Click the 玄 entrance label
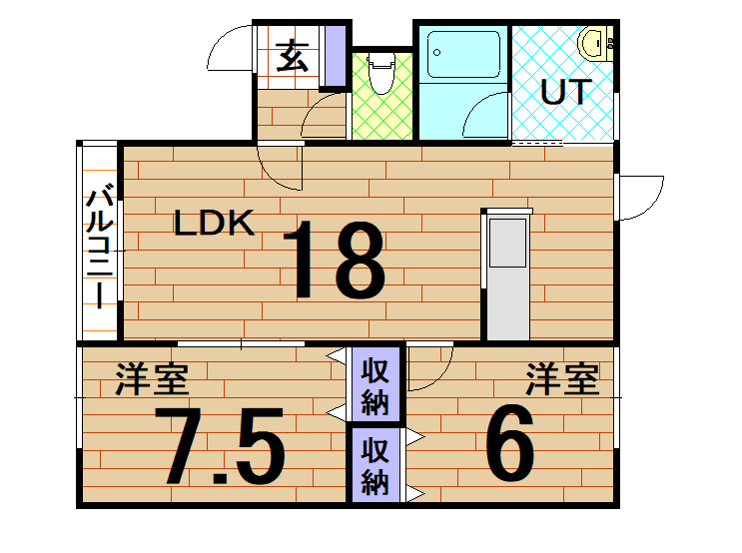[292, 55]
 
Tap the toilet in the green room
[380, 73]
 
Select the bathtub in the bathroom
[463, 54]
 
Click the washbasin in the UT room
[595, 44]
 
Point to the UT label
[566, 91]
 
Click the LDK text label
[214, 223]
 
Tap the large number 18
[335, 260]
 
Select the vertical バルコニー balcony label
[100, 249]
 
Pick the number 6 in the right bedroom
[510, 442]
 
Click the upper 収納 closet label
[375, 386]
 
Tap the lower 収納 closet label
[375, 466]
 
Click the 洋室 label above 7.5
[153, 378]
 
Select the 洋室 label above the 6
[562, 378]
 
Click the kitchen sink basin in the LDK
[507, 243]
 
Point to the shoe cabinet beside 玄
[336, 56]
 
